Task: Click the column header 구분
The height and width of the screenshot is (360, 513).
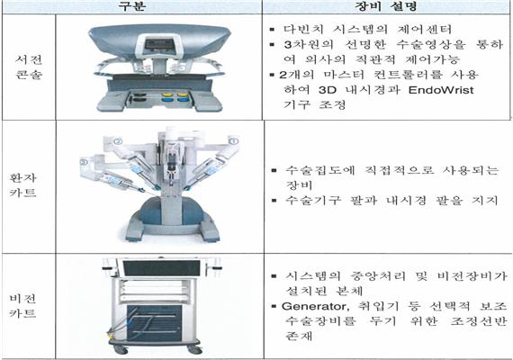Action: click(131, 5)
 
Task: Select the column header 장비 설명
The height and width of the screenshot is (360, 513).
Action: click(385, 5)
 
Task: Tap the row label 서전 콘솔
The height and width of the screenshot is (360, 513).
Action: click(29, 67)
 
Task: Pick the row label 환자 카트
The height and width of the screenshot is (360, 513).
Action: click(22, 184)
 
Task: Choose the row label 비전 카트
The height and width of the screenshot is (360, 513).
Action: click(22, 306)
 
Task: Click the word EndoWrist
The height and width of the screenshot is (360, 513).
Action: click(441, 90)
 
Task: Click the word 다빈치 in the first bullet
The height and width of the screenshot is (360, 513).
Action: click(303, 29)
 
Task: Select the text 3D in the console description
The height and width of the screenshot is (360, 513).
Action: click(328, 90)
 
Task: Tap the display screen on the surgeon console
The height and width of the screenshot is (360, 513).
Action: click(159, 45)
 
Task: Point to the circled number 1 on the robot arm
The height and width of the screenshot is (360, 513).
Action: click(234, 140)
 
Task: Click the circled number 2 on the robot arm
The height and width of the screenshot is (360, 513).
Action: click(118, 141)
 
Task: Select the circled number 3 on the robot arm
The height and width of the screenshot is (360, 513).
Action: click(84, 162)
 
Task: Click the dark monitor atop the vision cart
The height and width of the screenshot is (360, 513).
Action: click(161, 268)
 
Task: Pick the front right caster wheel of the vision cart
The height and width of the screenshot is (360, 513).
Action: click(194, 349)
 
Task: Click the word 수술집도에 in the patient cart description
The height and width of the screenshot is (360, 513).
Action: click(315, 170)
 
